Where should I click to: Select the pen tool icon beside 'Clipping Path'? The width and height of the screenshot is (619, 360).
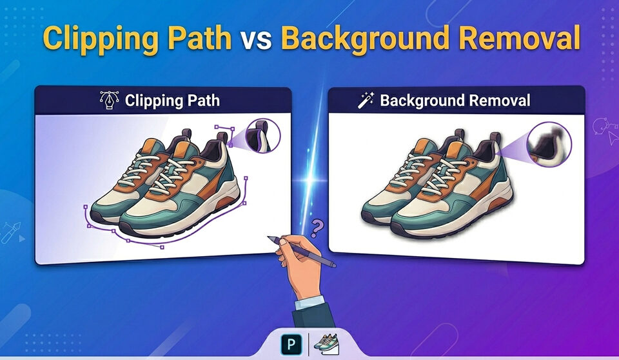(x=110, y=101)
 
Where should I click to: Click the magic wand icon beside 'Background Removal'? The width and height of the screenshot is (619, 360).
(x=366, y=100)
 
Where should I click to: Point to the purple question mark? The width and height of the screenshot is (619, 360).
(x=317, y=228)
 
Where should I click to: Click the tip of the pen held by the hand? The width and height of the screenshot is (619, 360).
(x=268, y=237)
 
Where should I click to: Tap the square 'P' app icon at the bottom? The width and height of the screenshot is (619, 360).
(x=291, y=344)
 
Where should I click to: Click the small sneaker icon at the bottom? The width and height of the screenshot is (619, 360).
(x=326, y=343)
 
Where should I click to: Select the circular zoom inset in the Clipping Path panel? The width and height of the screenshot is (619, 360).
(x=263, y=136)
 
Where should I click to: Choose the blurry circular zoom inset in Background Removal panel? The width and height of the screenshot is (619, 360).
(x=549, y=145)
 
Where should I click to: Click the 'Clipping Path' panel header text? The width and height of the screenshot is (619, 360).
(x=172, y=101)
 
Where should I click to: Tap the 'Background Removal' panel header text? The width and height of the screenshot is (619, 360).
(x=455, y=101)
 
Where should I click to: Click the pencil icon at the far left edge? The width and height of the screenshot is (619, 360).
(x=11, y=233)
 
